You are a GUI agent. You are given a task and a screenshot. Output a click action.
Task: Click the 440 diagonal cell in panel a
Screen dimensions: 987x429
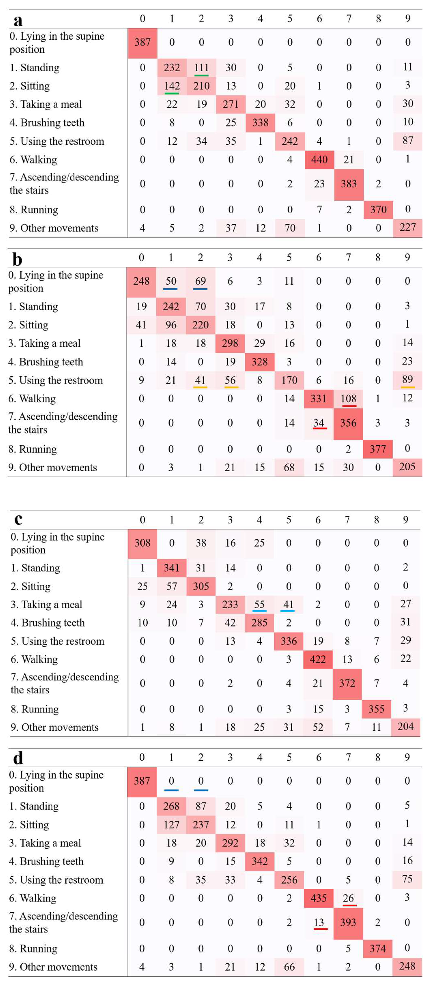[319, 159]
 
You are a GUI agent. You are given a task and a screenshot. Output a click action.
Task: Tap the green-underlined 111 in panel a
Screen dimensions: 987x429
[201, 68]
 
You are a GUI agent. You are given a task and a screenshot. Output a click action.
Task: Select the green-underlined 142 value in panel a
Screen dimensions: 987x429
[172, 86]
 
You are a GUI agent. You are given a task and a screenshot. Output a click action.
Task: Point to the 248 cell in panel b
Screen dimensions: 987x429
[141, 281]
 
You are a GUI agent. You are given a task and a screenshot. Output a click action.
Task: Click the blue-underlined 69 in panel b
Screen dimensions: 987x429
[200, 281]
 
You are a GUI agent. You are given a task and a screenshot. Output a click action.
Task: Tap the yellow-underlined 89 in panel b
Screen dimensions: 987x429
[407, 379]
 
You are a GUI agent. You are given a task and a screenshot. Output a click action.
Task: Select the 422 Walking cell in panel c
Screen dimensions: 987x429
[317, 659]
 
